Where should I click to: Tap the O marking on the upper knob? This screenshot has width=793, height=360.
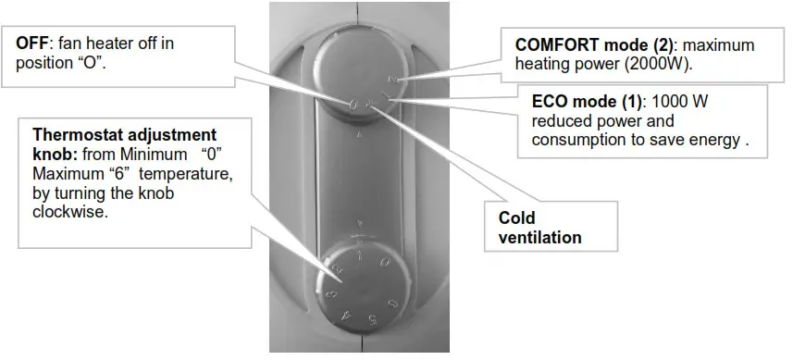(x=353, y=106)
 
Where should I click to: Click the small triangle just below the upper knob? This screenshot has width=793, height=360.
(x=358, y=136)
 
